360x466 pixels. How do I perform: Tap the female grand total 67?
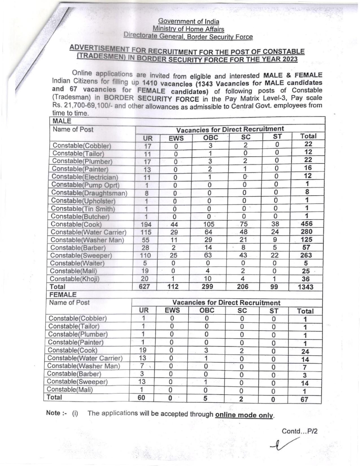coord(304,400)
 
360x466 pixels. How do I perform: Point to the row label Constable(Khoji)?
coord(75,279)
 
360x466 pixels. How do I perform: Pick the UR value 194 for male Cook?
coord(146,225)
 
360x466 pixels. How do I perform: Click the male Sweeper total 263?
coord(306,255)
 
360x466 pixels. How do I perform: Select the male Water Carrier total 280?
coord(306,232)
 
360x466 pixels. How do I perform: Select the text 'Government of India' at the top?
coord(189,21)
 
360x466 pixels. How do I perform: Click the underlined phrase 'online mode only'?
coord(244,415)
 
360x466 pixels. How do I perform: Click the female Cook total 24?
coord(305,352)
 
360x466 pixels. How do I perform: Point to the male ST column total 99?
coord(274,287)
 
